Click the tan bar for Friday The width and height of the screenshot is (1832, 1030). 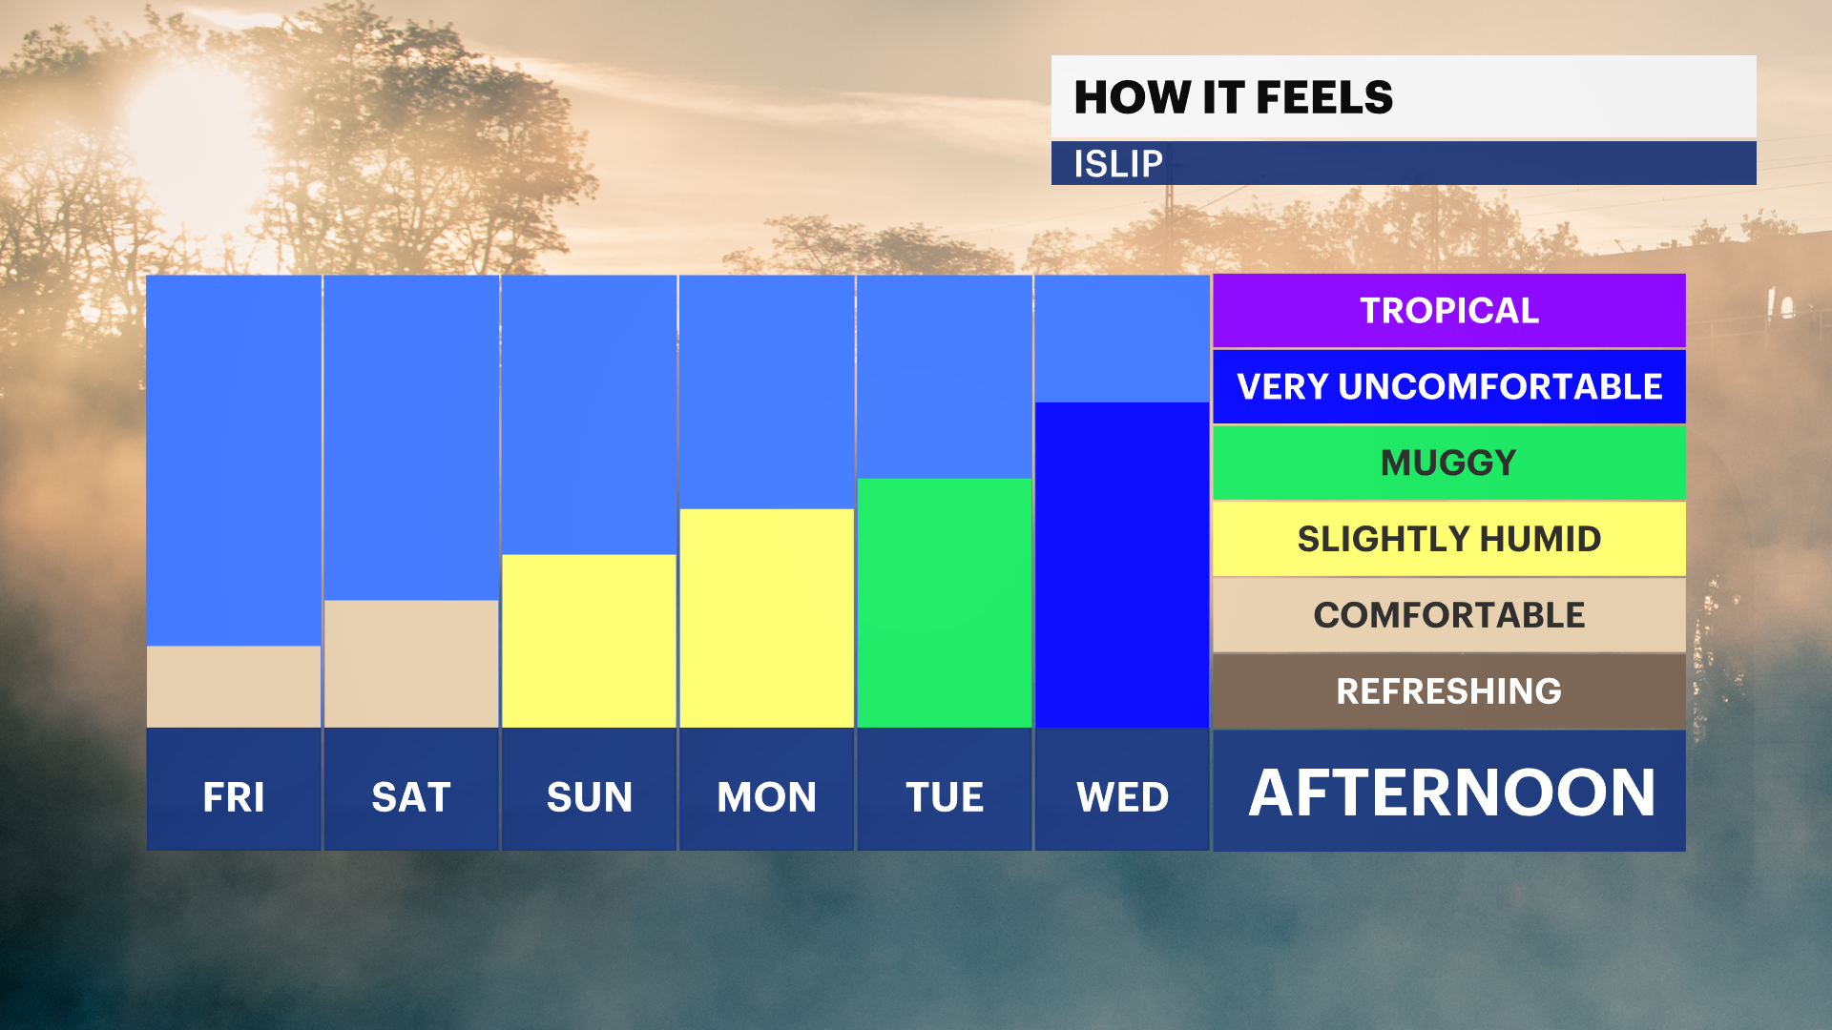(x=234, y=687)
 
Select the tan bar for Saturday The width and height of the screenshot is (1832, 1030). (x=411, y=664)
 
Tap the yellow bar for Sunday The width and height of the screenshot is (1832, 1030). (x=589, y=641)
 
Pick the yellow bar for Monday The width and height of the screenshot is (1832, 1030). (x=766, y=618)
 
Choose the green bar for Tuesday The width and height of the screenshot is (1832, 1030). (x=945, y=603)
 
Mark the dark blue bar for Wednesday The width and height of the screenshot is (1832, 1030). (x=1122, y=565)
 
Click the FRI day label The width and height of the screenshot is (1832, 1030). (x=234, y=797)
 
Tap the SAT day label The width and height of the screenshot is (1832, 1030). (x=411, y=797)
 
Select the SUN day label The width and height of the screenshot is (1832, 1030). (x=590, y=797)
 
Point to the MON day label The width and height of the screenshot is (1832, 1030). (x=767, y=797)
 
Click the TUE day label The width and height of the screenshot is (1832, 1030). (x=945, y=797)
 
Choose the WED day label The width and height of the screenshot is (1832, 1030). (x=1123, y=797)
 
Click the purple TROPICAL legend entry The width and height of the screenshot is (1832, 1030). (x=1449, y=311)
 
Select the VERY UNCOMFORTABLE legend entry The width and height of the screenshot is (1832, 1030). (x=1449, y=386)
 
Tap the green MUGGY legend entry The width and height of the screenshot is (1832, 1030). (x=1449, y=463)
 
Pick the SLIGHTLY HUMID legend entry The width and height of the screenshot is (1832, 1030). (x=1449, y=539)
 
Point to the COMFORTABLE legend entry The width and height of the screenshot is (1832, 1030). (x=1449, y=615)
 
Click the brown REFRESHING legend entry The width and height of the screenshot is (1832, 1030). (x=1449, y=691)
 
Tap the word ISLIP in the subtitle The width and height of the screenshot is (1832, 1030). (x=1118, y=164)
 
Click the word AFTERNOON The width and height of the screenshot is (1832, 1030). (x=1452, y=793)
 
